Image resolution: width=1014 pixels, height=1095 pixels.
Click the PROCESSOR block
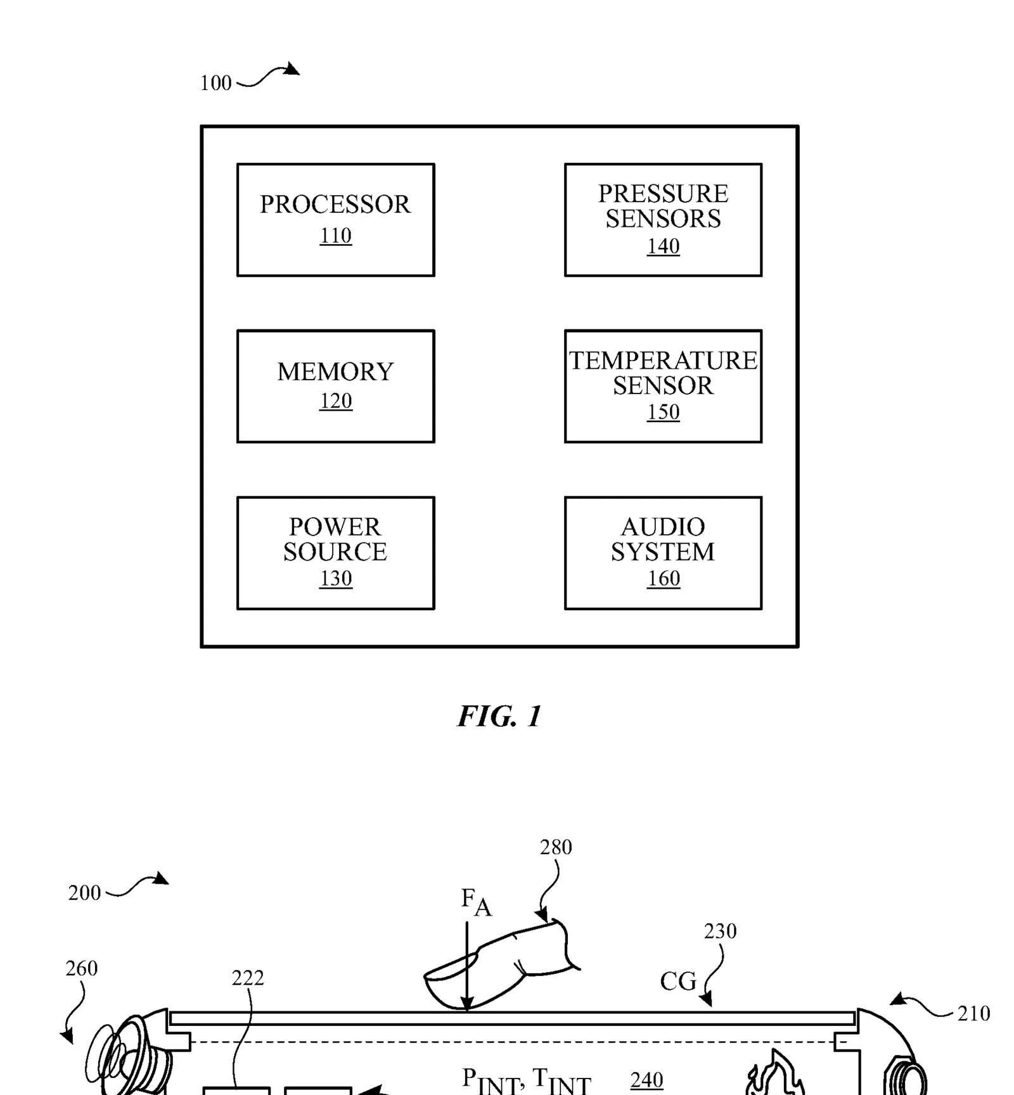pos(335,219)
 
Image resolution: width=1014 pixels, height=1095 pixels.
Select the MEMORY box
pos(335,386)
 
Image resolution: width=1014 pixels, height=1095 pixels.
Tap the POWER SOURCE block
pos(335,553)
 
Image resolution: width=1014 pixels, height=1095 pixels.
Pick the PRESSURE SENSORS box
pos(663,219)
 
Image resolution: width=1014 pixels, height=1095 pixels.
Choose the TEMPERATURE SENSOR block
pos(663,386)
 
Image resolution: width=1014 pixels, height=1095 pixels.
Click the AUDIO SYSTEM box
pos(663,553)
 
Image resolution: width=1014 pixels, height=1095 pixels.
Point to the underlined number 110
pos(335,236)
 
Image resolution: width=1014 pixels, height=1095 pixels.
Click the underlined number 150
pos(663,413)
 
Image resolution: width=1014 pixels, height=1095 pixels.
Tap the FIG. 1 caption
pos(499,717)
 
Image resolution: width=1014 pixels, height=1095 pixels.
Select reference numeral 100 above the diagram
pos(215,83)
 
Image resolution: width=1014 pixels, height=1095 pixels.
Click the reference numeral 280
pos(556,847)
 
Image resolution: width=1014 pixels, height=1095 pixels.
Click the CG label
pos(677,982)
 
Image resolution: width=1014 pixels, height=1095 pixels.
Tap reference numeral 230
pos(720,932)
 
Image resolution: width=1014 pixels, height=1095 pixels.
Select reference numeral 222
pos(248,978)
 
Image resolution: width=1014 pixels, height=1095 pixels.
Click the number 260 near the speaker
pos(82,968)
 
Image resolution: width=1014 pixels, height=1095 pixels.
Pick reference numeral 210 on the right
pos(973,1014)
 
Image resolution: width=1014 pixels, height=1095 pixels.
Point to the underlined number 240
pos(646,1080)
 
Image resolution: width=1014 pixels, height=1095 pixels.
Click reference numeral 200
pos(84,893)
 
